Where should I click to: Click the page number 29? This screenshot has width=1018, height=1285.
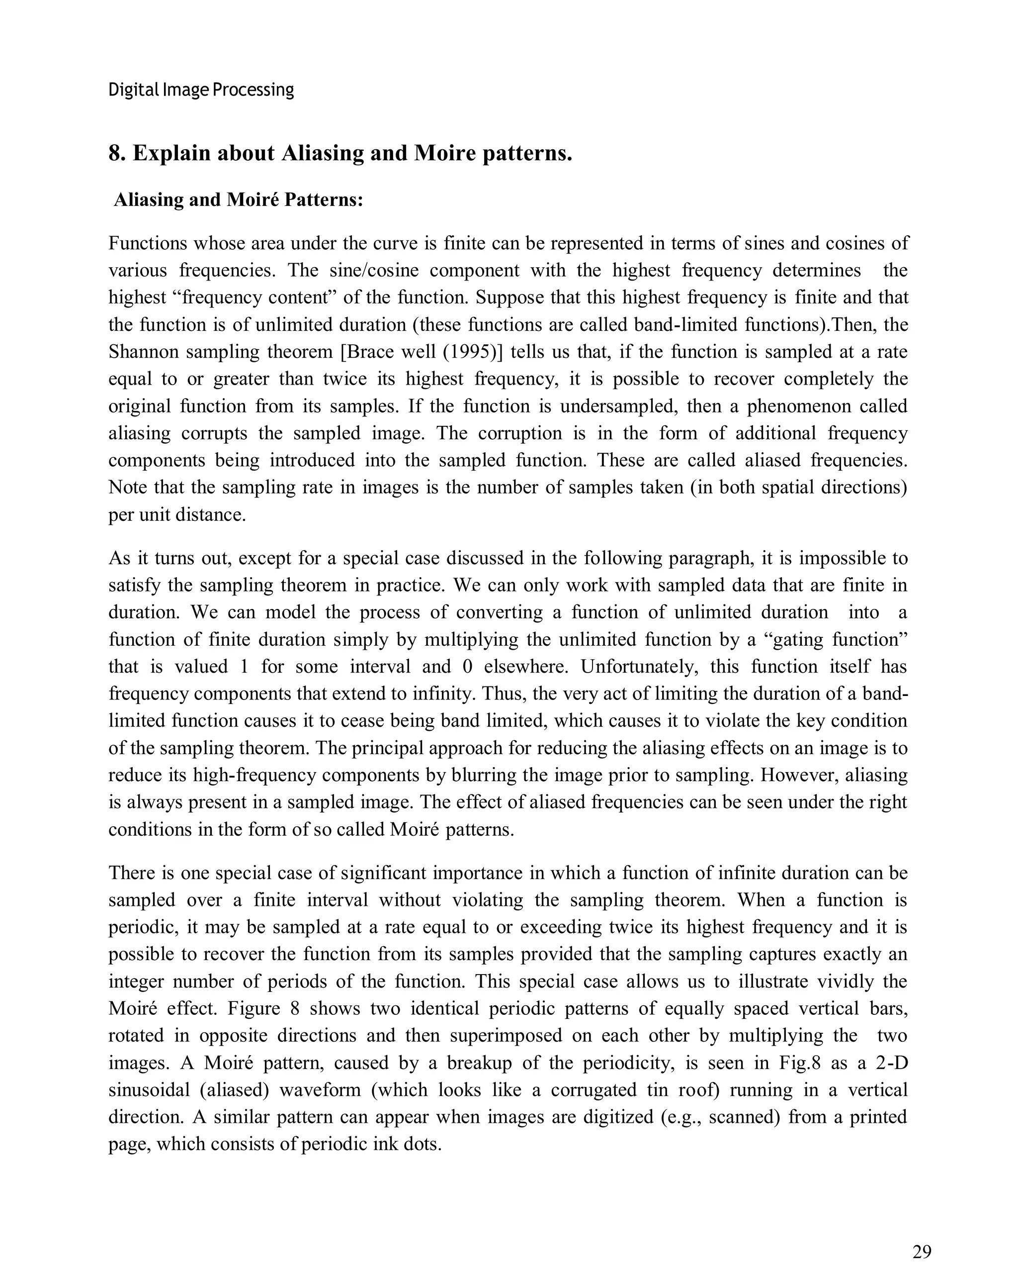(x=921, y=1252)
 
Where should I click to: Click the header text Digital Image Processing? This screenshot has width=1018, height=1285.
(x=201, y=90)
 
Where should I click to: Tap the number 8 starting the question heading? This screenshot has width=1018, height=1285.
(x=115, y=153)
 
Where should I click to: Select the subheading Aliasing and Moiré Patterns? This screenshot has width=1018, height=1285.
(x=238, y=199)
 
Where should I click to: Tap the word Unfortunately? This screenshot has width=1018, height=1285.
(x=639, y=666)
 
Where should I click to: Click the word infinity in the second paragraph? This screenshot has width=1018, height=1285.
(x=444, y=694)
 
